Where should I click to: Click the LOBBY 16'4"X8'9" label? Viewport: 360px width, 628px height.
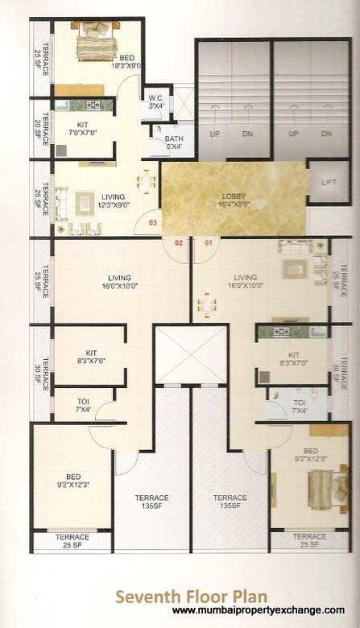234,200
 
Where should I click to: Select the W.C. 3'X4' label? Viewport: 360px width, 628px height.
157,101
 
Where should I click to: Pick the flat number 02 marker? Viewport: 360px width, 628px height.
179,242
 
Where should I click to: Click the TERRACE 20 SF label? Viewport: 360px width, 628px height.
45,128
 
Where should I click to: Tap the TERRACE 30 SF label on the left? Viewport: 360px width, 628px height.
45,366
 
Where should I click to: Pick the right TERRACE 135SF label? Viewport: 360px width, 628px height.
231,502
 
